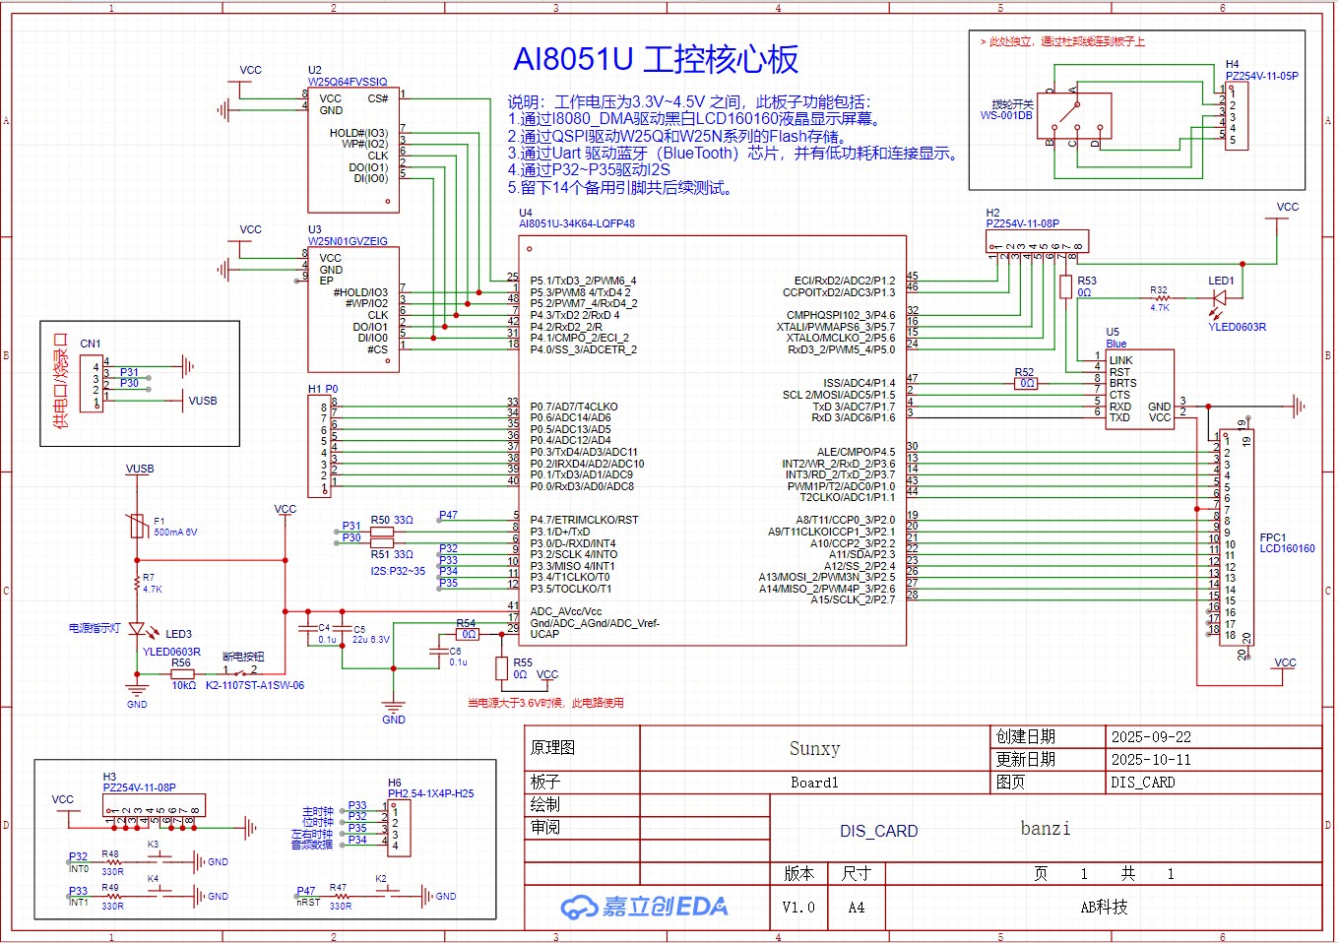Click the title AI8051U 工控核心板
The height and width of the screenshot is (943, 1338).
[656, 60]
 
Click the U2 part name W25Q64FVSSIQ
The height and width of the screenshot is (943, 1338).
[348, 82]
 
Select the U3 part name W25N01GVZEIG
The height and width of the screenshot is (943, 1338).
[348, 241]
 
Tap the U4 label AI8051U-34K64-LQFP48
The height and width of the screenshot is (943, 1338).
[577, 223]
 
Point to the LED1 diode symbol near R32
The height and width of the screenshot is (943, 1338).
[1220, 296]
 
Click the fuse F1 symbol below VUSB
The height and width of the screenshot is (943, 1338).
[137, 527]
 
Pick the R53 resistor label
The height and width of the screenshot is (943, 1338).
[1086, 282]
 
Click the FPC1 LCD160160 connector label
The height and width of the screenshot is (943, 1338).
[1286, 543]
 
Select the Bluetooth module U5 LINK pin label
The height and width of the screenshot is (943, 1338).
[1120, 360]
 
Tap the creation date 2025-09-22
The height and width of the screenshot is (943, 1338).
[1151, 737]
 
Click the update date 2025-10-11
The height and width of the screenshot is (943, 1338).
[1151, 760]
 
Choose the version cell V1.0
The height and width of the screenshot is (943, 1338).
[798, 908]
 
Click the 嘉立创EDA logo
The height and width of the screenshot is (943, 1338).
[644, 907]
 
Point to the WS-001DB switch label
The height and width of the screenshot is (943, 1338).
[1006, 115]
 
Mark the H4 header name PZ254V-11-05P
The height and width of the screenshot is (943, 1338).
[1261, 76]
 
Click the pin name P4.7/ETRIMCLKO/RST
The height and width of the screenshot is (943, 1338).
[584, 520]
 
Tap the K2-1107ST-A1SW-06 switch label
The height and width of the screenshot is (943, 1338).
[254, 685]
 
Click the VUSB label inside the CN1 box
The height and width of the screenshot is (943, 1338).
[203, 401]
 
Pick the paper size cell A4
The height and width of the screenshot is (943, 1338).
[856, 908]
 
